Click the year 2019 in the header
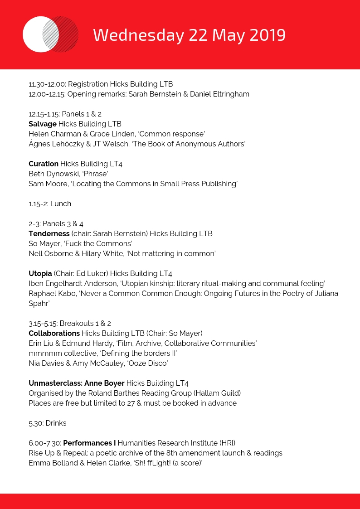[x=268, y=35]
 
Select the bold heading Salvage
[x=43, y=124]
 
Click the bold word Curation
[x=44, y=164]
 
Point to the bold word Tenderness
[x=49, y=233]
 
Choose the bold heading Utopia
[x=40, y=273]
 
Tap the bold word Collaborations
[x=54, y=333]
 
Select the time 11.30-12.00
[x=47, y=84]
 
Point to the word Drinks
[x=56, y=423]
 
